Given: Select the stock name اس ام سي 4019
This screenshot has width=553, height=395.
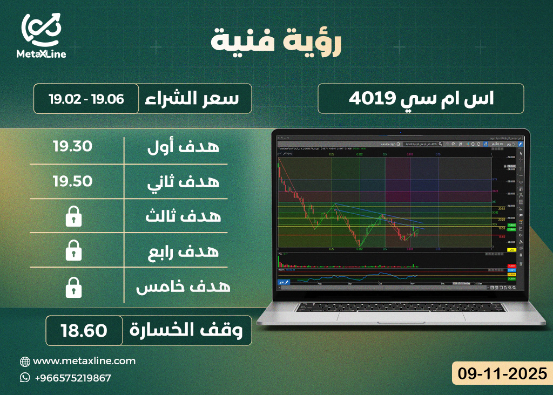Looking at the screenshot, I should [x=421, y=99].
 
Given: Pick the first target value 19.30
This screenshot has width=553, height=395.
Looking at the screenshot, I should [x=72, y=146].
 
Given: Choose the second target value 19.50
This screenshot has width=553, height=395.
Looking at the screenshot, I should [x=72, y=181].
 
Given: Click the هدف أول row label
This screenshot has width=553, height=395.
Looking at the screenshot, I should [x=184, y=146].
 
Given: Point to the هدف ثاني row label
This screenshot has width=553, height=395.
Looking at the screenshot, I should [x=184, y=182].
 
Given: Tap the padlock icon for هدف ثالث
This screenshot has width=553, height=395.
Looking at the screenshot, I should [x=72, y=217].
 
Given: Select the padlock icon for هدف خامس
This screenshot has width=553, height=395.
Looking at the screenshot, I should [x=72, y=287].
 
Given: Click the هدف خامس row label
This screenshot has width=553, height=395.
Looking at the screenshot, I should [x=183, y=287].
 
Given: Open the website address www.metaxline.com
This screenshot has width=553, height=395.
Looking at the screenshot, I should [x=84, y=361].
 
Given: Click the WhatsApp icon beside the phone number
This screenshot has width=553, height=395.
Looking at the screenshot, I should [x=25, y=378].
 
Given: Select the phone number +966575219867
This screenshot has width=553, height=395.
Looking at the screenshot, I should [x=72, y=378].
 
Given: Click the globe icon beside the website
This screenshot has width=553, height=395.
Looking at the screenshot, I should [x=25, y=361].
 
